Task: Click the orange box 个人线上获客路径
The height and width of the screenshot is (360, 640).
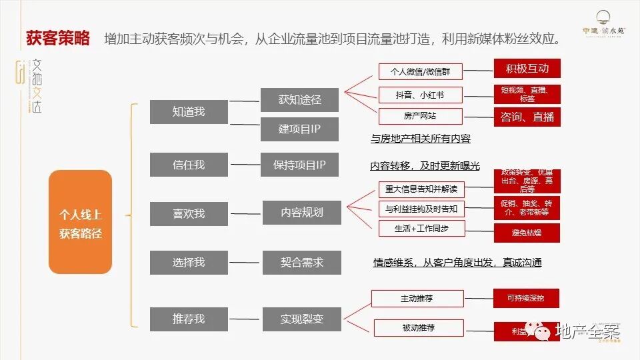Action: point(80,222)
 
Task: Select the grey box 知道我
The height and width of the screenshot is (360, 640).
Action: point(188,111)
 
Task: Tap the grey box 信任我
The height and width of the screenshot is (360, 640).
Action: point(188,165)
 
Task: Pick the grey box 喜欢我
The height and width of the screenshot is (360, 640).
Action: point(188,213)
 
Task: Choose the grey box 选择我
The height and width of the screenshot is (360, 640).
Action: point(188,263)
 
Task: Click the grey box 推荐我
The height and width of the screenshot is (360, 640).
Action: point(188,319)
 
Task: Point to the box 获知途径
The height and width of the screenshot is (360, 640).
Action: point(299,99)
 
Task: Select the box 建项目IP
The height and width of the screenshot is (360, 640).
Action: point(299,129)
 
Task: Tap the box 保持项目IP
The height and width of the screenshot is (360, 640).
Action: point(299,165)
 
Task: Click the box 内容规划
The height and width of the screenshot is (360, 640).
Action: point(301,213)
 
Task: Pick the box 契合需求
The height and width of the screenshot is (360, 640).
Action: point(301,263)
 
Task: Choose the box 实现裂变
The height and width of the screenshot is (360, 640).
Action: point(301,319)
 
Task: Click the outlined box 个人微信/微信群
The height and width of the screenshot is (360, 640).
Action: point(420,71)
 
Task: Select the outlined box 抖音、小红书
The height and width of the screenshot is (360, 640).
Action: point(420,95)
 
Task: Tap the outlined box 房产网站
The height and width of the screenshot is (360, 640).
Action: point(420,116)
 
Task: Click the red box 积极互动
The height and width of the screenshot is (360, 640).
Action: point(527,69)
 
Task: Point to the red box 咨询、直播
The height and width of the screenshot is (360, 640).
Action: point(527,117)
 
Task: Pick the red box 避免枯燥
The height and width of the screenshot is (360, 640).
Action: point(527,233)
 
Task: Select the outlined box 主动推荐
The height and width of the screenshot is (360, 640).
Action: point(417,298)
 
